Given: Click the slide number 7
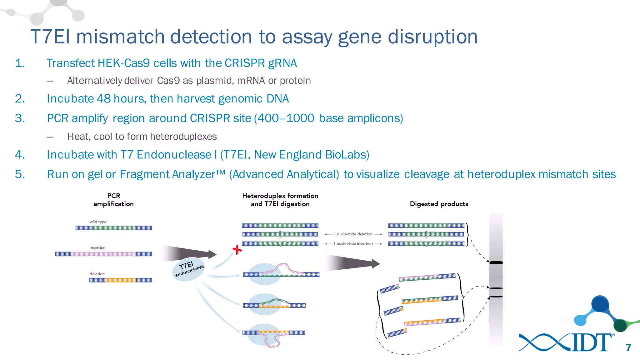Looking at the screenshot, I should [628, 347].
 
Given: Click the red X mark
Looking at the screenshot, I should [237, 249].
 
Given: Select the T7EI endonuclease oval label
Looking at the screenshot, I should [189, 269].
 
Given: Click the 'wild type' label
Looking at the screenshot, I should [98, 222].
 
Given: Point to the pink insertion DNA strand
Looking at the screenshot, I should [103, 254].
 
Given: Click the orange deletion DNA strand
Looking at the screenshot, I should [121, 280].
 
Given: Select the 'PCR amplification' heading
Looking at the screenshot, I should [113, 200].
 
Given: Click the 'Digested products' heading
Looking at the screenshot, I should [439, 204].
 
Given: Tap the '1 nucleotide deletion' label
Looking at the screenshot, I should [353, 234].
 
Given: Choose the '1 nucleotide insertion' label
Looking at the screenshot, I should [353, 243].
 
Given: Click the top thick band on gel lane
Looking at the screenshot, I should [496, 262].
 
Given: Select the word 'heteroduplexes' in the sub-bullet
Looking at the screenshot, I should [183, 137].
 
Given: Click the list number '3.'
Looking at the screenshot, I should [20, 118].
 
